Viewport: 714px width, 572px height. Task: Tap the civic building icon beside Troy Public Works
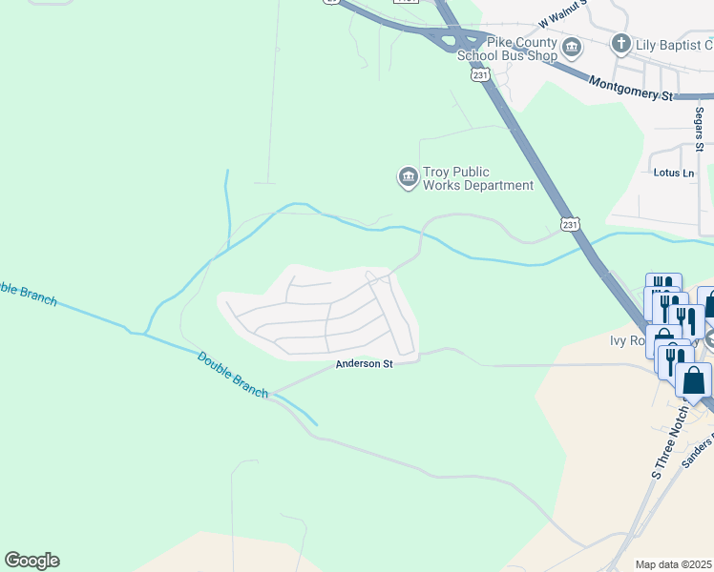pos(408,176)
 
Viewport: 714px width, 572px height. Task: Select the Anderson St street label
pos(364,364)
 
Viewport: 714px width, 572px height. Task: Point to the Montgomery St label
pos(630,88)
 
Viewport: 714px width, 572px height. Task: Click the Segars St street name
pos(699,128)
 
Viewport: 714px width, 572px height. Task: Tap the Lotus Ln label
pos(674,173)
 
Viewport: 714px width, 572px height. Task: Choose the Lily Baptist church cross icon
pos(621,44)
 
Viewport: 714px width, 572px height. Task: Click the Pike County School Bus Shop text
pos(508,49)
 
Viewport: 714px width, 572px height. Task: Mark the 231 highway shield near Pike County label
pos(479,74)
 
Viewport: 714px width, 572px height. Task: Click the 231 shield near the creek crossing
pos(569,223)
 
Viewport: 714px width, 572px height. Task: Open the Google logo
pos(31,561)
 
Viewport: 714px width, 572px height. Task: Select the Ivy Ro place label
pos(630,340)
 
